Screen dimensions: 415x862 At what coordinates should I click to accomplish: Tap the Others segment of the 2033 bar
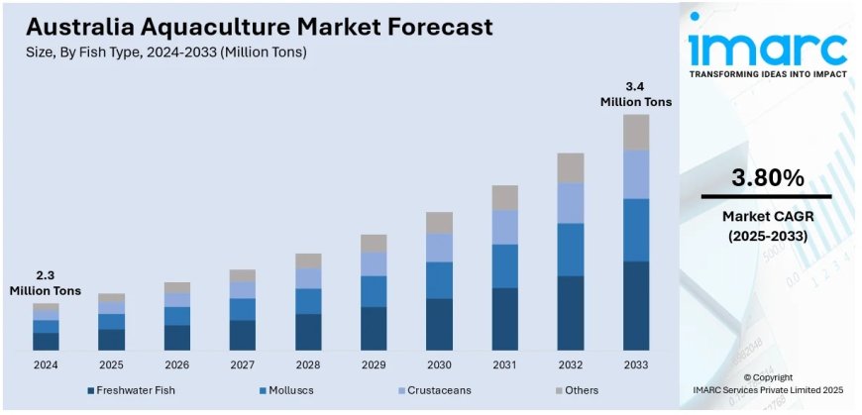[x=635, y=132]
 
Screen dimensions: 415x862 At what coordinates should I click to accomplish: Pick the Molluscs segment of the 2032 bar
[x=570, y=250]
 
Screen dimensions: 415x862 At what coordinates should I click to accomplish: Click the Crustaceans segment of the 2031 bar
[x=504, y=227]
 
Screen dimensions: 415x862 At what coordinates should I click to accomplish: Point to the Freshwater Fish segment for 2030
[x=439, y=324]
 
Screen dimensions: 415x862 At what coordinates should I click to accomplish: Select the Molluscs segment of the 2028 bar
[x=308, y=301]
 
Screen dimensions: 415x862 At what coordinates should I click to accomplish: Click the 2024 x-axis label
[x=46, y=364]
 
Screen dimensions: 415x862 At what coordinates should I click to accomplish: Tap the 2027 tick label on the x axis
[x=243, y=364]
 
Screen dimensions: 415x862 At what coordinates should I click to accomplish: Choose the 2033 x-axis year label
[x=635, y=364]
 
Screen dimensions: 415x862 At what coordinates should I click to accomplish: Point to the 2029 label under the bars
[x=374, y=364]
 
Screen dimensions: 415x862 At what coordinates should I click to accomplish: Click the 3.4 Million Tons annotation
[x=635, y=94]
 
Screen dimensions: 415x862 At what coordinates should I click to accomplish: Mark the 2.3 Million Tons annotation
[x=46, y=283]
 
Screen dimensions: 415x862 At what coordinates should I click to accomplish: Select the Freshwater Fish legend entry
[x=140, y=390]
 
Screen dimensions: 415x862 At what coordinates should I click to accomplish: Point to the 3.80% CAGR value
[x=768, y=178]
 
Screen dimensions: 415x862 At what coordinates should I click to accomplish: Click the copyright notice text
[x=768, y=385]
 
